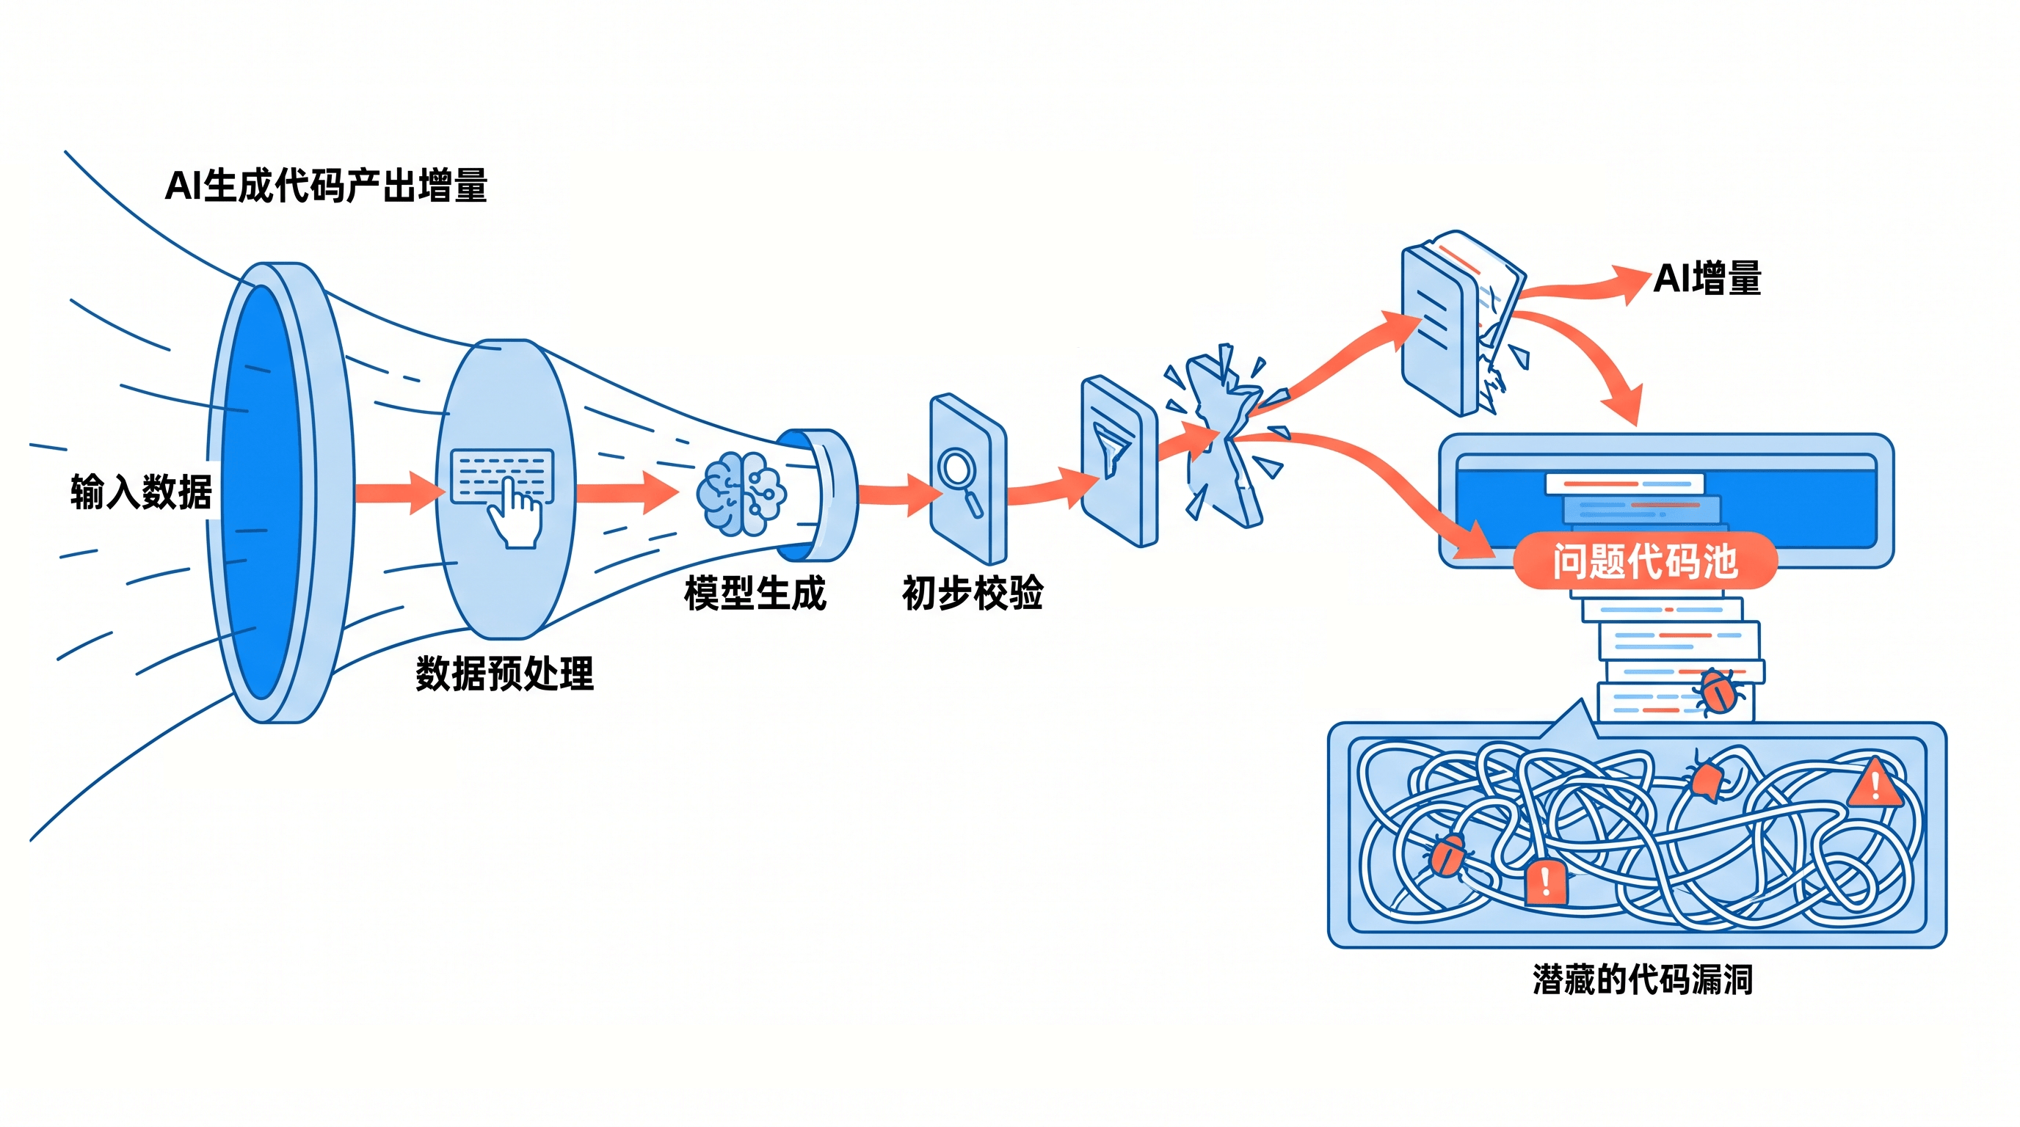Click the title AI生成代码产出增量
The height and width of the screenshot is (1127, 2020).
pyautogui.click(x=326, y=186)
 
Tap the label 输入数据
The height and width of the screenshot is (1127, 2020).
pyautogui.click(x=141, y=492)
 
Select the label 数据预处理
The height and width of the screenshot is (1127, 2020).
pyautogui.click(x=505, y=674)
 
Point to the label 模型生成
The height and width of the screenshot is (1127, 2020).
pyautogui.click(x=755, y=594)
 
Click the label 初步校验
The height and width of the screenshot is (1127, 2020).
pyautogui.click(x=973, y=594)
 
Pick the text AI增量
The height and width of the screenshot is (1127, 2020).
pyautogui.click(x=1707, y=278)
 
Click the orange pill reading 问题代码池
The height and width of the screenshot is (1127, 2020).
pyautogui.click(x=1644, y=561)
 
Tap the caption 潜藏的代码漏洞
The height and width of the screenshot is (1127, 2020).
pyautogui.click(x=1643, y=980)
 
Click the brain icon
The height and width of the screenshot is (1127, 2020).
pyautogui.click(x=741, y=494)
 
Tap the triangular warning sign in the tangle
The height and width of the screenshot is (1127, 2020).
pyautogui.click(x=1873, y=782)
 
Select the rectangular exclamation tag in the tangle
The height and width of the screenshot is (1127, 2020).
pyautogui.click(x=1546, y=882)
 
